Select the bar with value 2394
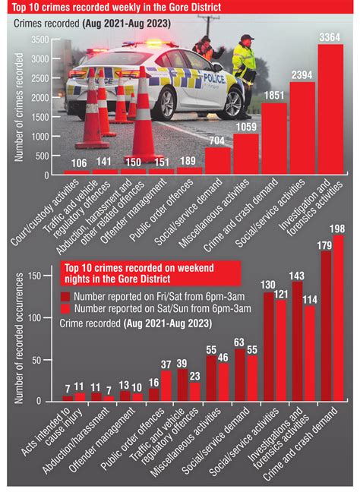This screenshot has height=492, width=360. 302,129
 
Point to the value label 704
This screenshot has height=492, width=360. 218,140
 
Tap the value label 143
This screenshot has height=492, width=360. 297,275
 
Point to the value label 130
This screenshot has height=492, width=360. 268,285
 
